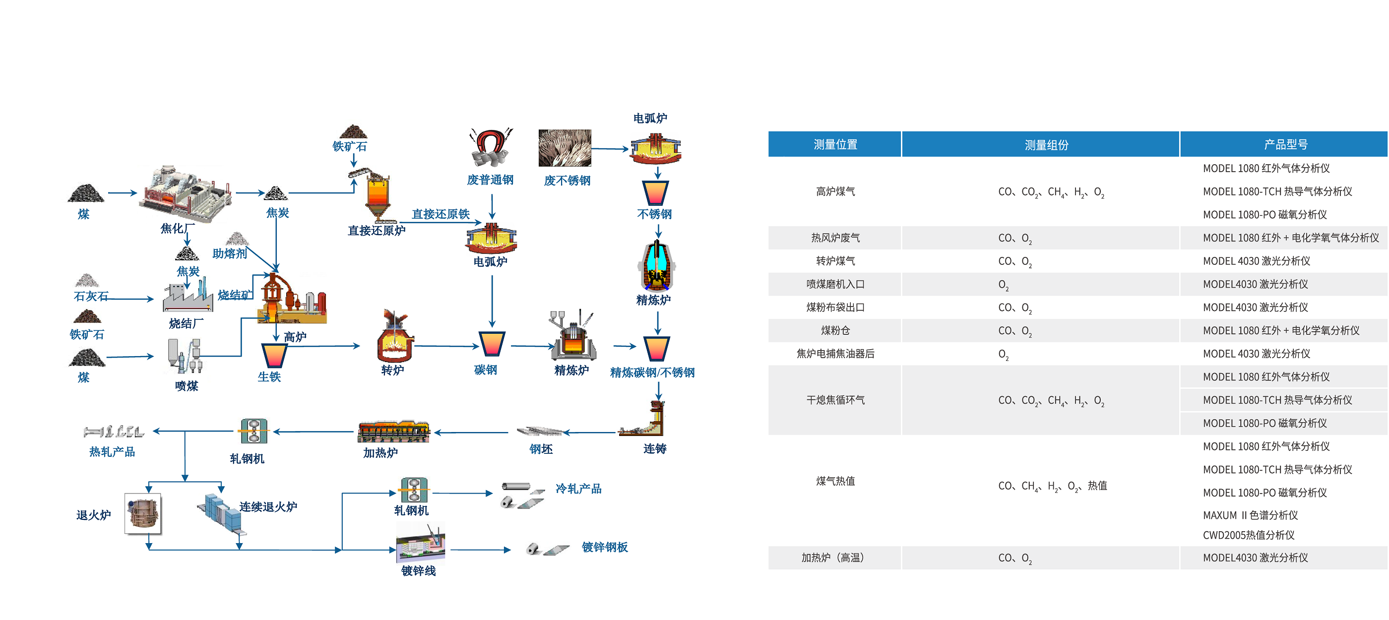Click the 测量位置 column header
click(835, 144)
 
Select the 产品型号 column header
click(1285, 144)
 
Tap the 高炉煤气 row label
click(835, 191)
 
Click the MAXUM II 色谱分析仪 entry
click(1250, 515)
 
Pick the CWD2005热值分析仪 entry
click(1248, 535)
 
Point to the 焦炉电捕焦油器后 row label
click(835, 354)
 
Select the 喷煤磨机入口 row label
click(835, 284)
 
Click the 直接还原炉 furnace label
click(377, 231)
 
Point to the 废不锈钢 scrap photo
click(565, 148)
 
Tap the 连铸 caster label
click(655, 448)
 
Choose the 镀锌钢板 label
click(604, 547)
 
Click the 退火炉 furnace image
click(143, 513)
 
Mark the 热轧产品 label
click(112, 452)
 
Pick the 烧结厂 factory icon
click(188, 297)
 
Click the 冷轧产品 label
click(578, 489)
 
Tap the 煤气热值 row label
click(835, 481)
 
